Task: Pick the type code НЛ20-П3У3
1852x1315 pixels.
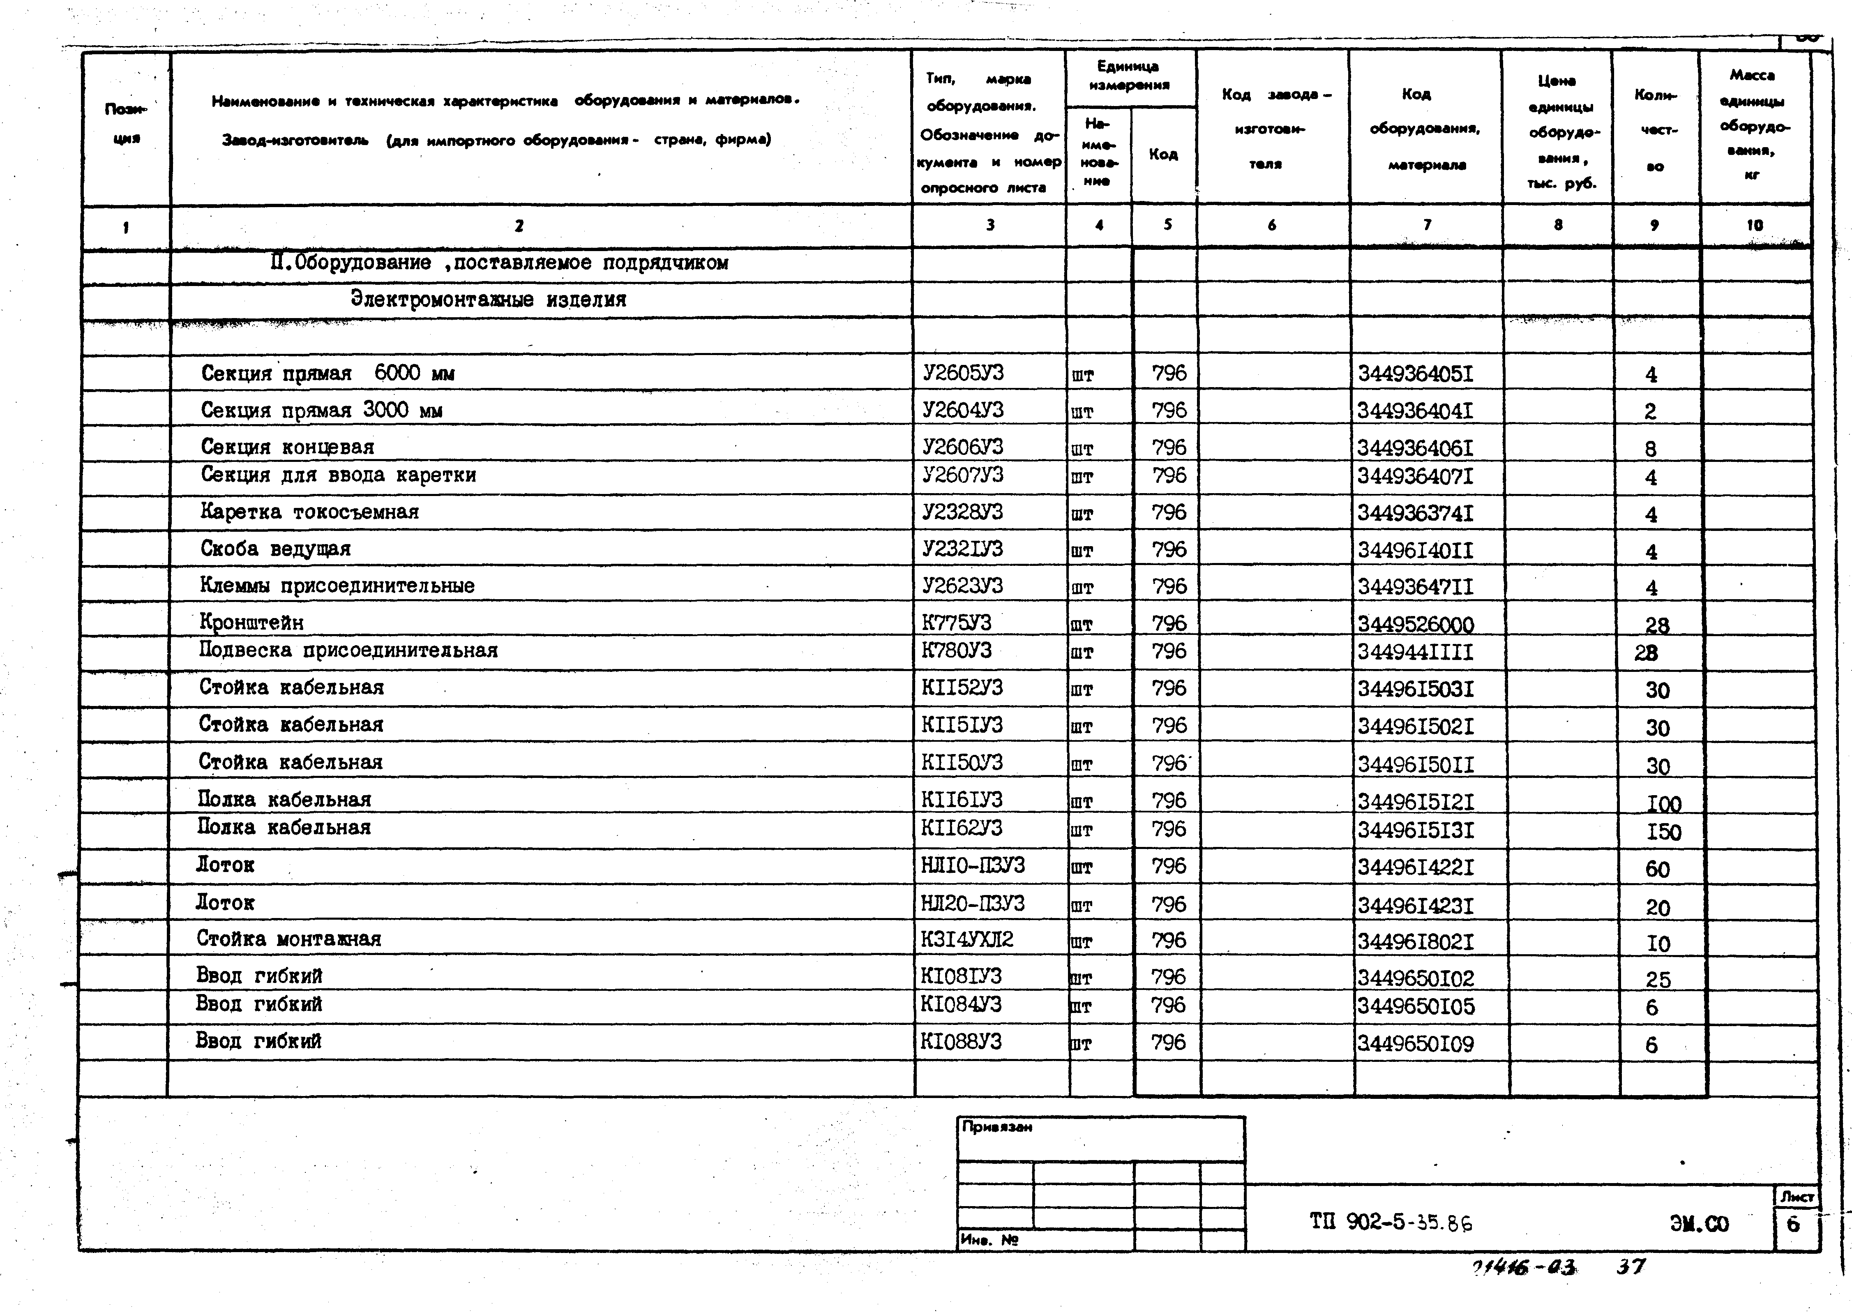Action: coord(972,903)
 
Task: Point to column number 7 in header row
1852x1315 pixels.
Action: coord(1427,225)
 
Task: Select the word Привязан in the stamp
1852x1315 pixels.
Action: coord(997,1127)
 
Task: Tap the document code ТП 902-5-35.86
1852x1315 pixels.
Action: coord(1391,1223)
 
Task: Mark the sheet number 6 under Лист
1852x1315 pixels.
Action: coord(1793,1224)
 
